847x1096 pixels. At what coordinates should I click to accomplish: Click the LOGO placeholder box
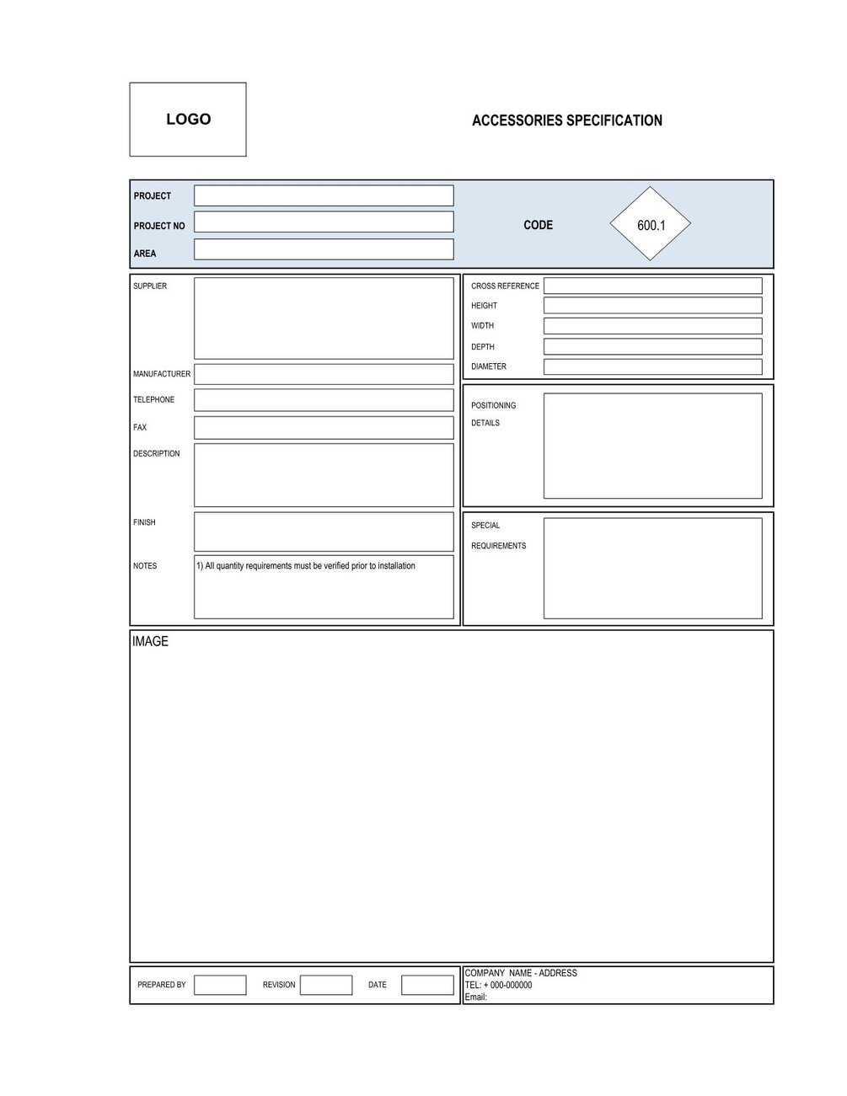click(188, 120)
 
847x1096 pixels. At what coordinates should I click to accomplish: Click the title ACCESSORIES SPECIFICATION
click(566, 120)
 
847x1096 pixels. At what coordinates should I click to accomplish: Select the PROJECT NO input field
click(324, 222)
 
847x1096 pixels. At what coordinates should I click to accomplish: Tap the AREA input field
click(324, 249)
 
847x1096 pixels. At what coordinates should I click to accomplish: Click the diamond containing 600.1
click(650, 225)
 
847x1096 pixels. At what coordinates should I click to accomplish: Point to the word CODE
click(538, 225)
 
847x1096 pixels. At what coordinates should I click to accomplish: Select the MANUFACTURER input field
click(324, 374)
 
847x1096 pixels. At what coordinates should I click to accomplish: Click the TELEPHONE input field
click(324, 400)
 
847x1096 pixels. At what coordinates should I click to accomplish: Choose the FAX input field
click(324, 428)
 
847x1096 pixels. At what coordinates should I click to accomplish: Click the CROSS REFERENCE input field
click(652, 286)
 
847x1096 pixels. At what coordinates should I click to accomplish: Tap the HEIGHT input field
click(652, 306)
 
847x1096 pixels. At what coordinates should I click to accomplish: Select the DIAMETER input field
click(652, 367)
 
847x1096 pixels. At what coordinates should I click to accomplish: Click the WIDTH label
click(482, 326)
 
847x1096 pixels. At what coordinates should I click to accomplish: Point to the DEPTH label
click(482, 347)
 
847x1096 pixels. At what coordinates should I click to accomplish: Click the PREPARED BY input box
click(220, 985)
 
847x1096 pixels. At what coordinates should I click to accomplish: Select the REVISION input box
click(326, 985)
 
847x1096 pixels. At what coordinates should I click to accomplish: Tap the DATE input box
click(427, 985)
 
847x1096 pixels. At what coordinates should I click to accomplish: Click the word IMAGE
click(150, 642)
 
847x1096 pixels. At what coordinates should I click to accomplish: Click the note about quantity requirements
click(306, 566)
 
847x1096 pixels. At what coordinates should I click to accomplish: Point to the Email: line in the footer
click(476, 997)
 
